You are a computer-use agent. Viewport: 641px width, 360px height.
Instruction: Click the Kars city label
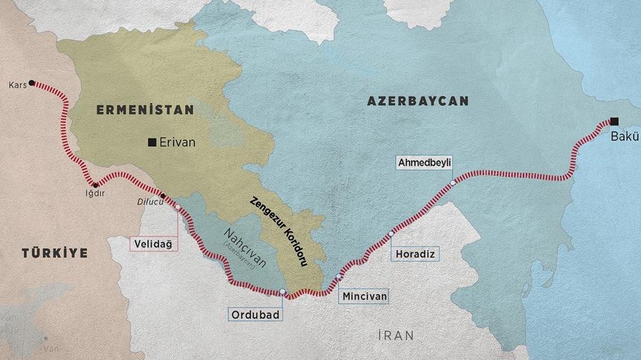17,85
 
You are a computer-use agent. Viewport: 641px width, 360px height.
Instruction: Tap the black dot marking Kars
32,83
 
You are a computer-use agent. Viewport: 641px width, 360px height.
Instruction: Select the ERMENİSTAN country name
145,110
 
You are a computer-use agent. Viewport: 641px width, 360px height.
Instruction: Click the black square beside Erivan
153,141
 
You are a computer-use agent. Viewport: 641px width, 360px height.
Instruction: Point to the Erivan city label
178,141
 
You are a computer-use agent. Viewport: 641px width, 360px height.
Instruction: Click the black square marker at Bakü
615,121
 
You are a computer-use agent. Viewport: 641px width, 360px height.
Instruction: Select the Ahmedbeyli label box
424,162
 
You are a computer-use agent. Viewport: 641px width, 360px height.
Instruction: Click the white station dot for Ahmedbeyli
452,183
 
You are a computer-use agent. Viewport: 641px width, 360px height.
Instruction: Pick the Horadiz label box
414,254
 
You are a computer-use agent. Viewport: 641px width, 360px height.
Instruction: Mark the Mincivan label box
364,297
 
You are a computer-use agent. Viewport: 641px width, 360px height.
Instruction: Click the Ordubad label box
256,313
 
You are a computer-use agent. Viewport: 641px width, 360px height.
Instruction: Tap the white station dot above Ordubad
282,292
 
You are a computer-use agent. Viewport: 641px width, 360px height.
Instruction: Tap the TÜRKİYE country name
54,253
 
